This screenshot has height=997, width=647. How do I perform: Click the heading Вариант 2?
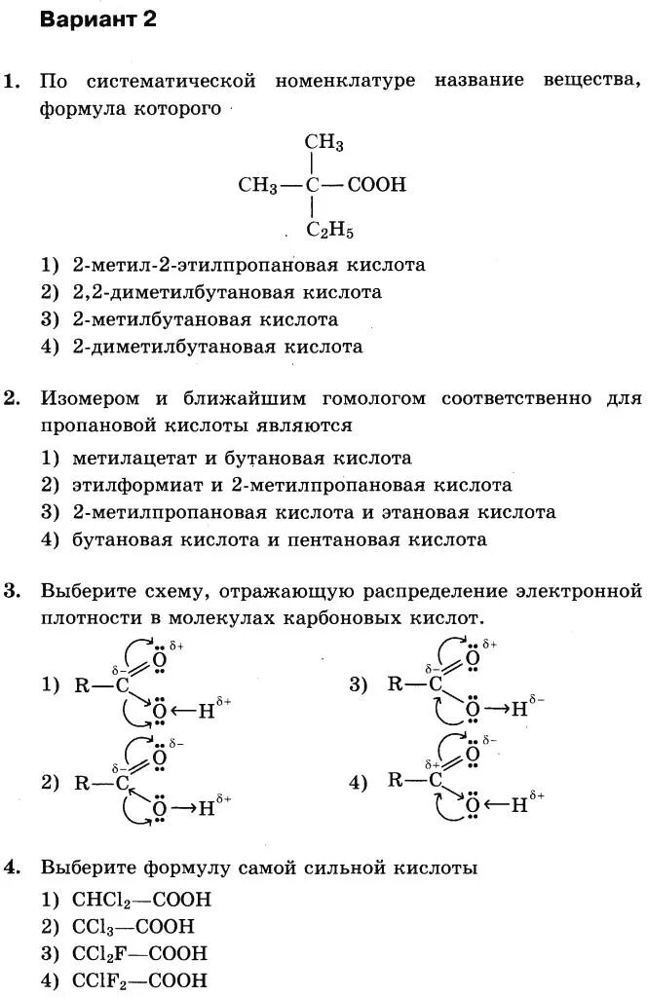point(97,19)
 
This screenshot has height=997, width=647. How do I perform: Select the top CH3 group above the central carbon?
point(324,144)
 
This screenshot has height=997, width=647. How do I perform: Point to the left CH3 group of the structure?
point(258,185)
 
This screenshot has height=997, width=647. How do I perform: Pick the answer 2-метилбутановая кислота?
point(206,319)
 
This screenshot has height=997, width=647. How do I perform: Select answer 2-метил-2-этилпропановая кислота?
point(249,265)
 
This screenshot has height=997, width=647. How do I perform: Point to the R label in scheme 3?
point(395,683)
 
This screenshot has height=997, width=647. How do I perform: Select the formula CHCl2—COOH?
point(142,900)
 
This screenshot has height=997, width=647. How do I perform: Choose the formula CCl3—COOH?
point(134,927)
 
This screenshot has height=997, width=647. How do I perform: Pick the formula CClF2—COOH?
point(140,980)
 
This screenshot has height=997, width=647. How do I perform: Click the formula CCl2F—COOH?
point(140,954)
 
